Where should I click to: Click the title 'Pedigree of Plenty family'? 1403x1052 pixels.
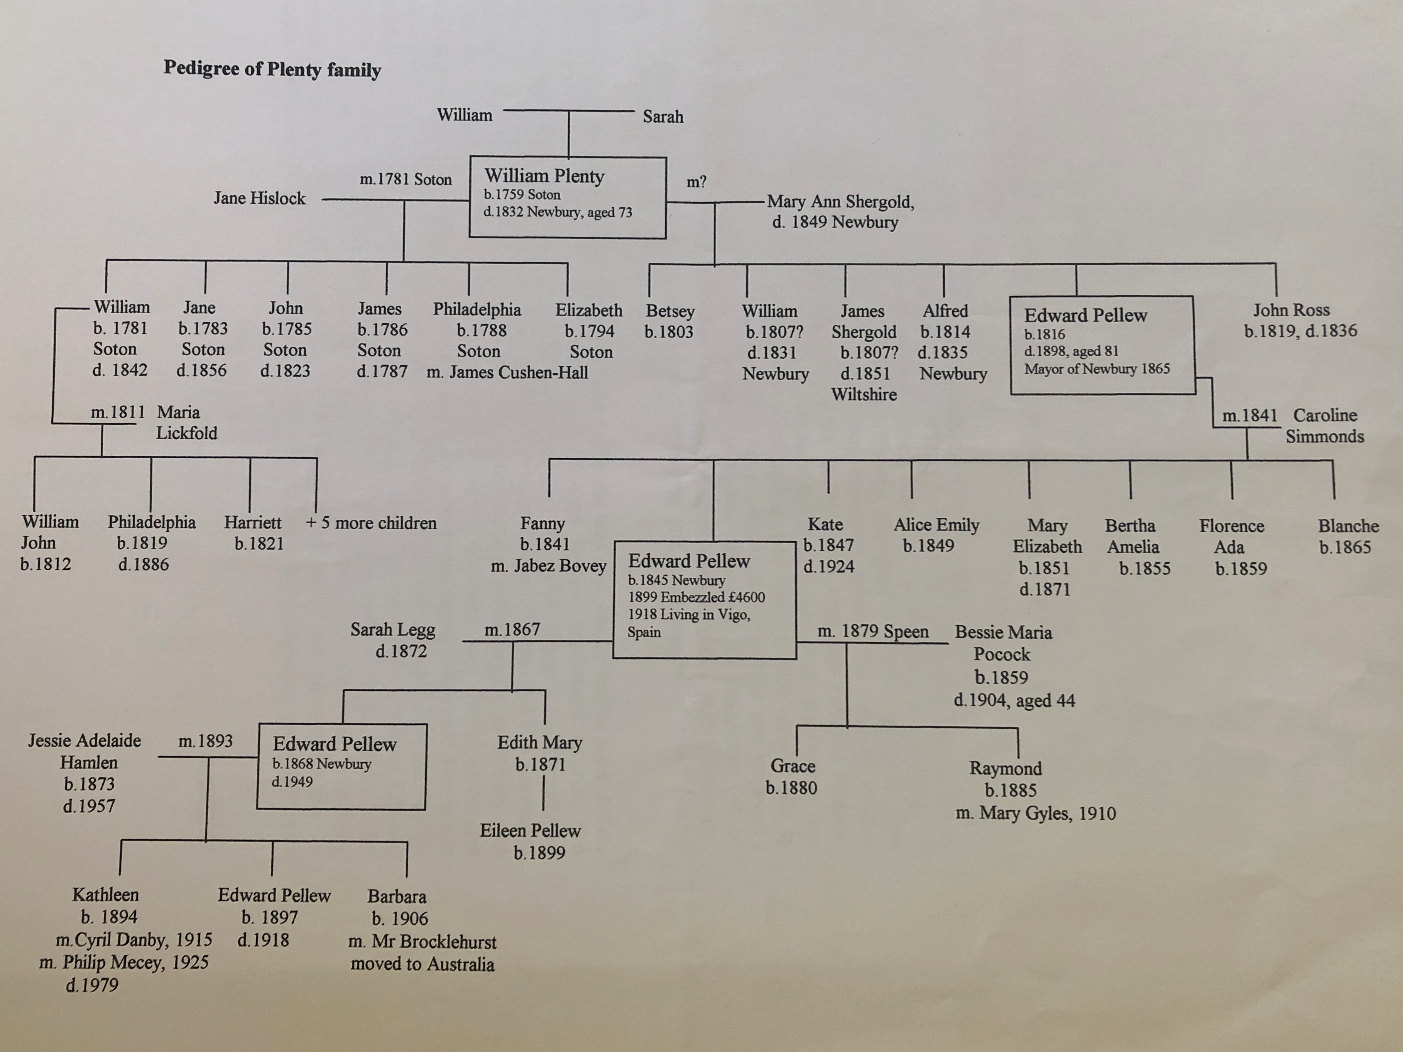click(272, 69)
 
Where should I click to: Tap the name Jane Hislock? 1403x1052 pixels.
click(259, 198)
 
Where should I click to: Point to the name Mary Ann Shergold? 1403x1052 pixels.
click(840, 202)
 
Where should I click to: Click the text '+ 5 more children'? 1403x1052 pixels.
click(371, 523)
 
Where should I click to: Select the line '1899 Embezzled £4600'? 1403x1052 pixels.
click(696, 597)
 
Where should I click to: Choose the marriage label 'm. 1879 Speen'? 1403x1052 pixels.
click(873, 632)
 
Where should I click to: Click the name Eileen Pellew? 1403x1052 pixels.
click(530, 831)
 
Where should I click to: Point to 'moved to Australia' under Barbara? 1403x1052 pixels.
click(423, 964)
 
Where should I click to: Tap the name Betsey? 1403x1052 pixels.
click(670, 311)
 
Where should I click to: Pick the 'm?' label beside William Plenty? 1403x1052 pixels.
click(696, 182)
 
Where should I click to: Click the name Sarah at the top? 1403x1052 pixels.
click(663, 117)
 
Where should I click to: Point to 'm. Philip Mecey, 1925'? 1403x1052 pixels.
click(124, 963)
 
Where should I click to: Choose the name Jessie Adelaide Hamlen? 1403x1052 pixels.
click(85, 751)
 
